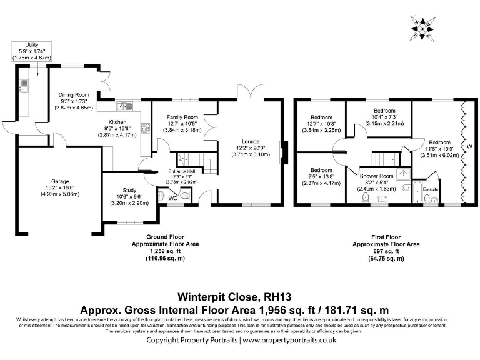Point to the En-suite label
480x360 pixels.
click(429, 187)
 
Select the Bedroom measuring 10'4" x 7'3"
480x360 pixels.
click(384, 111)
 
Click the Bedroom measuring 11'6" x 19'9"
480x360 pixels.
click(439, 142)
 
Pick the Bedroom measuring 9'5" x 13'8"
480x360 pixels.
click(322, 170)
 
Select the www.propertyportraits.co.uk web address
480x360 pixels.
click(289, 341)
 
